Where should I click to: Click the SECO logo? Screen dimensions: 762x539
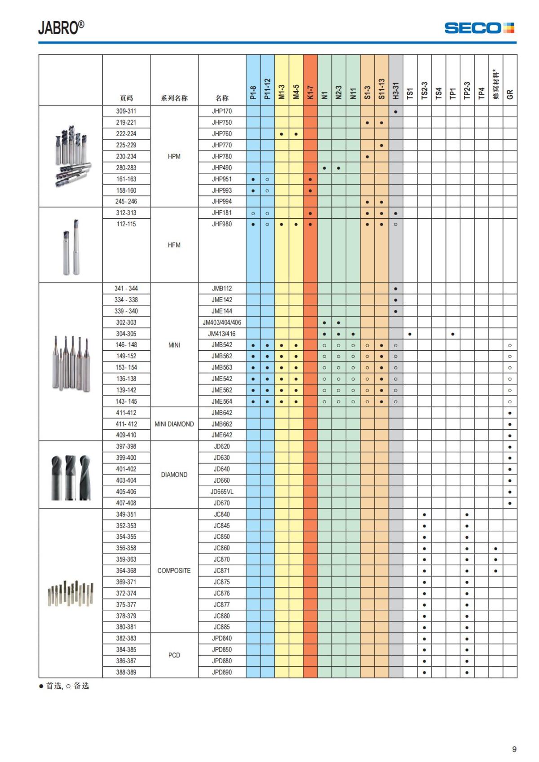(479, 28)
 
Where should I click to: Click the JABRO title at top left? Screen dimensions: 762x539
(61, 28)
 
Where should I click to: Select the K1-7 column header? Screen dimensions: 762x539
(310, 92)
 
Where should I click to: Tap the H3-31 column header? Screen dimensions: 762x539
(396, 90)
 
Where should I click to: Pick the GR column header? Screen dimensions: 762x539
(510, 94)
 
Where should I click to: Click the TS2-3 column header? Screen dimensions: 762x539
(424, 90)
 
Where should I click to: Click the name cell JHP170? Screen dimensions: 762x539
(222, 111)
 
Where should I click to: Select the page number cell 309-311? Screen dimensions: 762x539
(126, 111)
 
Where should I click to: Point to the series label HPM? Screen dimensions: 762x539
(174, 156)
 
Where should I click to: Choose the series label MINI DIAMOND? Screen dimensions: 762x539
(174, 424)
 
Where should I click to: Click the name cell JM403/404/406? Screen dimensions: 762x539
(222, 322)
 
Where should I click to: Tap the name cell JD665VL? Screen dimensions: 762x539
(222, 492)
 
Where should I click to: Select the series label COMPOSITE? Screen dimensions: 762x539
(174, 571)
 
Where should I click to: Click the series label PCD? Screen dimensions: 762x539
(174, 655)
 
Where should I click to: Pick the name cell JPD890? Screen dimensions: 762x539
(222, 672)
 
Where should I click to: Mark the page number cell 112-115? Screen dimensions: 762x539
(126, 224)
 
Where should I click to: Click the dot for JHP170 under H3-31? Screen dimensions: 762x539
(396, 111)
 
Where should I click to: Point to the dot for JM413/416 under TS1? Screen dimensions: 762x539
(410, 334)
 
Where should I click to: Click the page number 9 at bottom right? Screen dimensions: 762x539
(514, 749)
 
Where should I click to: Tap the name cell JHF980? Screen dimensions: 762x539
(222, 224)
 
